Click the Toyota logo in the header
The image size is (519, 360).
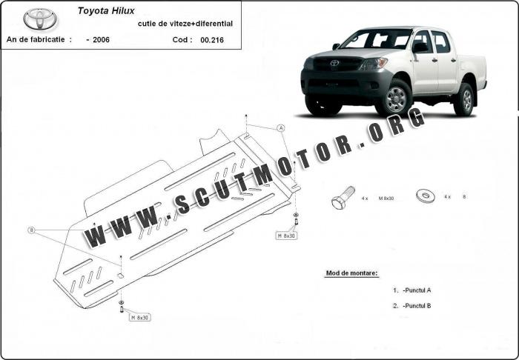click(x=40, y=19)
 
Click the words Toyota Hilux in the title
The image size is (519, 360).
click(x=106, y=11)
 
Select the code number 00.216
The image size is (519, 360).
click(x=212, y=40)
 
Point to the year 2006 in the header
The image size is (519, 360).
click(x=101, y=40)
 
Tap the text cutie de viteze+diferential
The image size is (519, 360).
click(x=185, y=24)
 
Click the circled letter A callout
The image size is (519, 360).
click(x=281, y=128)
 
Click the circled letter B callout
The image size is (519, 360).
click(x=31, y=230)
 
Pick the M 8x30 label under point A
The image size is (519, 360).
click(x=286, y=236)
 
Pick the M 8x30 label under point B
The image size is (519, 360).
click(x=140, y=318)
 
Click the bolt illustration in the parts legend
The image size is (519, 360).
click(x=343, y=197)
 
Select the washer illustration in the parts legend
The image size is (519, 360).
click(x=426, y=196)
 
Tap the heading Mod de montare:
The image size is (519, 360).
click(x=351, y=273)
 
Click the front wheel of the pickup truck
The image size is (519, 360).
click(x=395, y=99)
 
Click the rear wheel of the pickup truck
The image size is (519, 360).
click(x=466, y=100)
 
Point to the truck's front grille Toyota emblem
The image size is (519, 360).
click(x=334, y=63)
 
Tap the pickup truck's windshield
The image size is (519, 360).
click(x=377, y=39)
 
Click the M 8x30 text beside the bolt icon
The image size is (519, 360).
click(x=386, y=199)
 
